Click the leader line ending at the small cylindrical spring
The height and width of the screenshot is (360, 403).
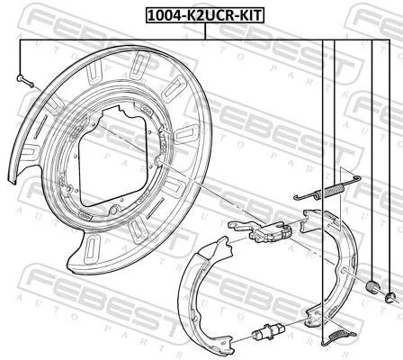point(371,162)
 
